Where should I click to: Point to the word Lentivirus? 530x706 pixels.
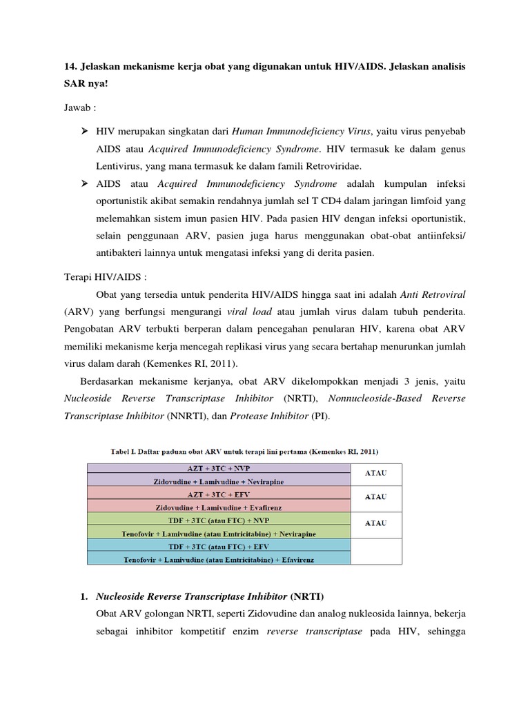pyautogui.click(x=120, y=165)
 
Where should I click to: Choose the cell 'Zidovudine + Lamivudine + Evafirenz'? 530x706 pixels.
pyautogui.click(x=218, y=506)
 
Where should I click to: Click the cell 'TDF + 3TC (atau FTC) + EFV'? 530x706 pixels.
pyautogui.click(x=218, y=545)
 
